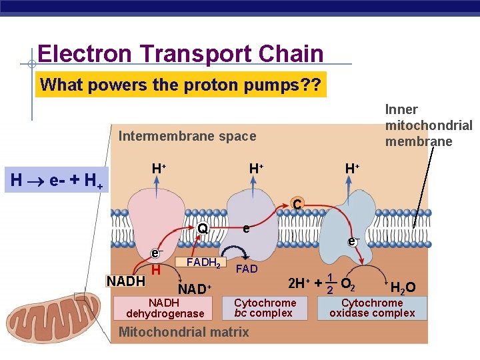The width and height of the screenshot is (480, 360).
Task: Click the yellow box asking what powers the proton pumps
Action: [181, 85]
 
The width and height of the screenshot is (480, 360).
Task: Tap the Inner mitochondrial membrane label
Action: [428, 125]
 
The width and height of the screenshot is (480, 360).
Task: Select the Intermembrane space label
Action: [187, 136]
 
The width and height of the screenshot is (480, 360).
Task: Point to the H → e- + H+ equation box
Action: [56, 179]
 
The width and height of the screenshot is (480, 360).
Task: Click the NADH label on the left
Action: [126, 281]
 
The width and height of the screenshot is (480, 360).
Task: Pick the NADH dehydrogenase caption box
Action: [165, 308]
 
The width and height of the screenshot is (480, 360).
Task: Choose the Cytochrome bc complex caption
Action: [265, 308]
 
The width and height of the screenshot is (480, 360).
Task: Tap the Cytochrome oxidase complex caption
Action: [372, 308]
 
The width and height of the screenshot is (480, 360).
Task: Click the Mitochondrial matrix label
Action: [183, 332]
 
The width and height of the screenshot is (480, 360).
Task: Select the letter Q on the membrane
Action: [202, 229]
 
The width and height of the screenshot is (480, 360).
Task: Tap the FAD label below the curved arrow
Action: [247, 269]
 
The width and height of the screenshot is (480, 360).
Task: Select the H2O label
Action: [403, 288]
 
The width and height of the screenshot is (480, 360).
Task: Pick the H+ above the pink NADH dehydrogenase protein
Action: [159, 169]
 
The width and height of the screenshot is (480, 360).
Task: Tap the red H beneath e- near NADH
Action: [155, 270]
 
